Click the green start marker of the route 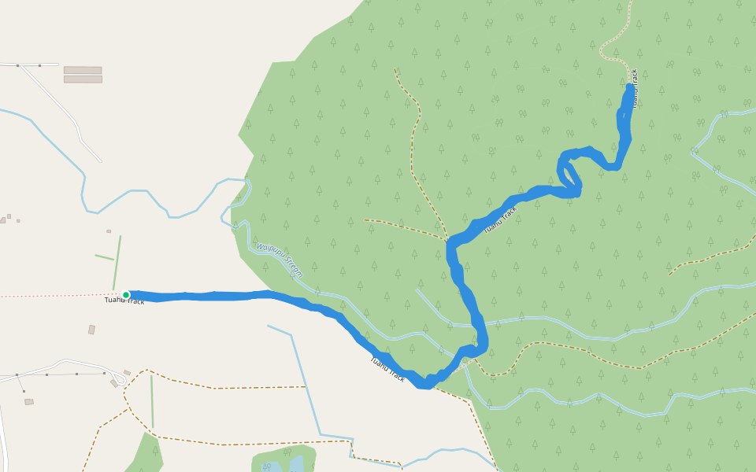point(126,295)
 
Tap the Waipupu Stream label point(279,260)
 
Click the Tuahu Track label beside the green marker point(124,301)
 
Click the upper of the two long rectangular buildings point(83,70)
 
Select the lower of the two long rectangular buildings point(83,79)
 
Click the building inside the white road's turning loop point(114,383)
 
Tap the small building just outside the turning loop point(127,373)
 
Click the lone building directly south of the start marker point(91,330)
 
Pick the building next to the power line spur point(29,402)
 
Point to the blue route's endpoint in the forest point(629,87)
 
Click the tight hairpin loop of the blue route point(567,169)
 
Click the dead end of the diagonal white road point(100,161)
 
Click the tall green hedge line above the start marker point(117,262)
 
